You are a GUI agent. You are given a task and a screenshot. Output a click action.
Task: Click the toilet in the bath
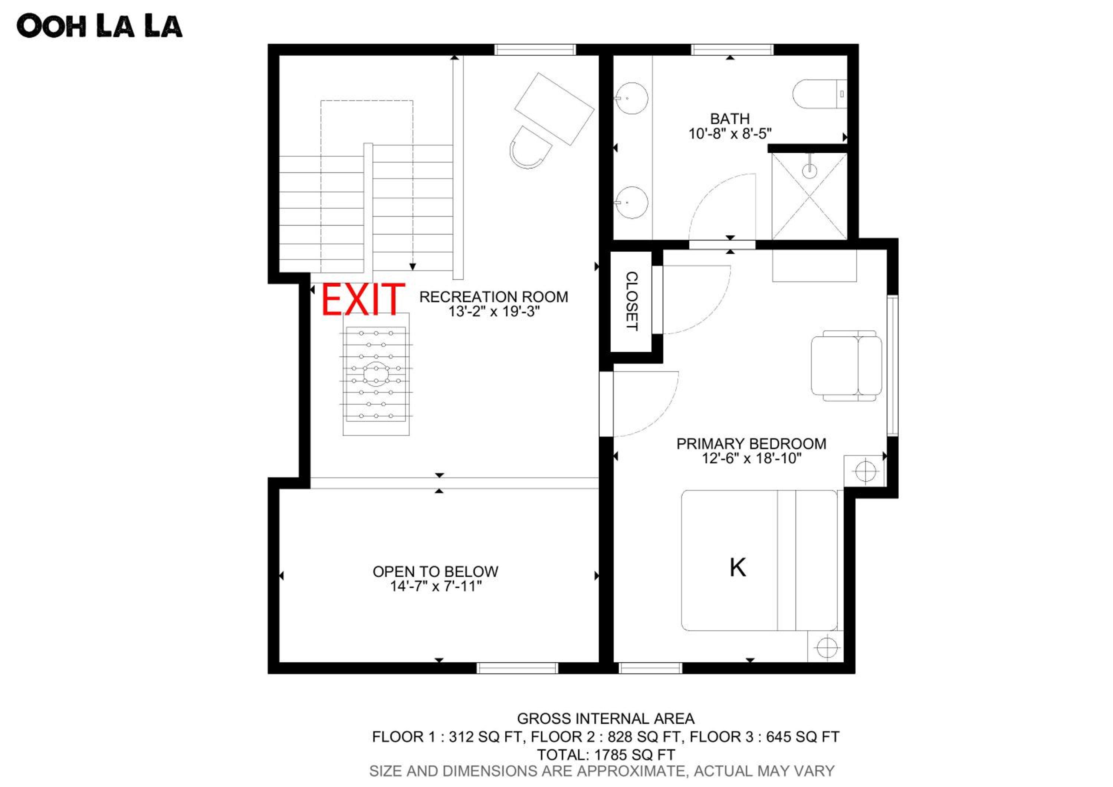coord(820,94)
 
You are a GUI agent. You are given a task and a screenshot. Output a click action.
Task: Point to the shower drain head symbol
coord(810,170)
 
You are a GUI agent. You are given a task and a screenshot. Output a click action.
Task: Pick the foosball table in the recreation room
coord(376,374)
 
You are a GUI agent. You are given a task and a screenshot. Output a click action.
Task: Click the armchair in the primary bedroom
coord(846,366)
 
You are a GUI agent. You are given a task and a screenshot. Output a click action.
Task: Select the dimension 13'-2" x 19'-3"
coord(493,311)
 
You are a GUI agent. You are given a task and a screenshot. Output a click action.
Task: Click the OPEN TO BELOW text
coord(435,572)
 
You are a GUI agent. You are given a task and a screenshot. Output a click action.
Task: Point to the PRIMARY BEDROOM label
coord(751,444)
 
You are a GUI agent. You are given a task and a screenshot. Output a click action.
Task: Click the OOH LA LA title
coord(99,26)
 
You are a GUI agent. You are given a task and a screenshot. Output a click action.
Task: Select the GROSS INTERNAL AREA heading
coord(606,719)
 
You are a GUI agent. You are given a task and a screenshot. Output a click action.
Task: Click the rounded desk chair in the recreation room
coord(530,147)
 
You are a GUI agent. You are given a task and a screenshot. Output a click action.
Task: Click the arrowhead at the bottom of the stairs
coord(413,267)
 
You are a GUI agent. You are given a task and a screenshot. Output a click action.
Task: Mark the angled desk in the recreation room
coord(554,109)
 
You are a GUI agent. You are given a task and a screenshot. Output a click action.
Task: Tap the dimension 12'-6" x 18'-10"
coord(751,458)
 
